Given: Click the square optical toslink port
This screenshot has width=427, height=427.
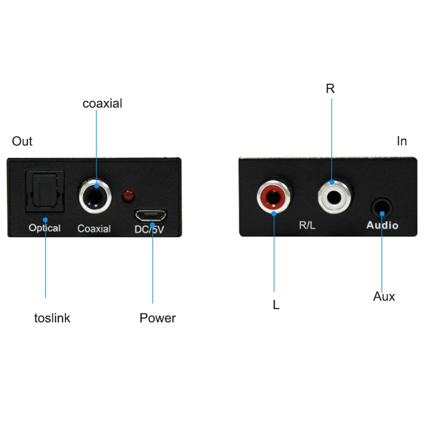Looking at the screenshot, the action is point(45,191).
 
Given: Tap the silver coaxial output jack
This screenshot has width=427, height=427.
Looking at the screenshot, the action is point(95,196).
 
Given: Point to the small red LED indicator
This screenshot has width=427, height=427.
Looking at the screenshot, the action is point(128,196).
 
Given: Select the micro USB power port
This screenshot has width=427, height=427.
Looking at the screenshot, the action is point(151,216).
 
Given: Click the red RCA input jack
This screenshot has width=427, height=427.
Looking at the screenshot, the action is point(273,197).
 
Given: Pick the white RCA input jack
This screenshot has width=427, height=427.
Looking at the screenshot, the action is point(334,197).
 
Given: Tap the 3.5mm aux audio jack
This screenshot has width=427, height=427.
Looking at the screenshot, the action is point(382,207).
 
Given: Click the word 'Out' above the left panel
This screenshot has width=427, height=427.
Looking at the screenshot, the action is point(22,141).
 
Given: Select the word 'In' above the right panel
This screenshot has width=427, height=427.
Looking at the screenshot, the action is point(402,141).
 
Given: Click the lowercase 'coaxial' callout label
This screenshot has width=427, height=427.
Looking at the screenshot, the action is point(102,104).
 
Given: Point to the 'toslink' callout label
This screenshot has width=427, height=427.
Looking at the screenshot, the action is point(52,318).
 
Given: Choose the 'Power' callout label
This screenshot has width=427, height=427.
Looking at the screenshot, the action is point(157,318).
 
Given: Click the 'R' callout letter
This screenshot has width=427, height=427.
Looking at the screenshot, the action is point(330,89).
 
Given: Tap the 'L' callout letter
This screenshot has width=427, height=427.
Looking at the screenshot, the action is point(276,304).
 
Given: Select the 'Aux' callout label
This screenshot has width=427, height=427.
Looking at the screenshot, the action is point(384,296).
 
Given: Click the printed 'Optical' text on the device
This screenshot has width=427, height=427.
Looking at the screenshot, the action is point(45,228).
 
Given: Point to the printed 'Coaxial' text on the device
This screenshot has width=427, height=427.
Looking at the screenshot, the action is point(94,228).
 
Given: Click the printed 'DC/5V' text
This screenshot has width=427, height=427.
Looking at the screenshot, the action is point(149,230).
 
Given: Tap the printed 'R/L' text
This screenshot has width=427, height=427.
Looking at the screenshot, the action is point(307,225).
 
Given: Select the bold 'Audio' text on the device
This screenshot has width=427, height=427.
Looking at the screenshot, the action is point(382,225).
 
